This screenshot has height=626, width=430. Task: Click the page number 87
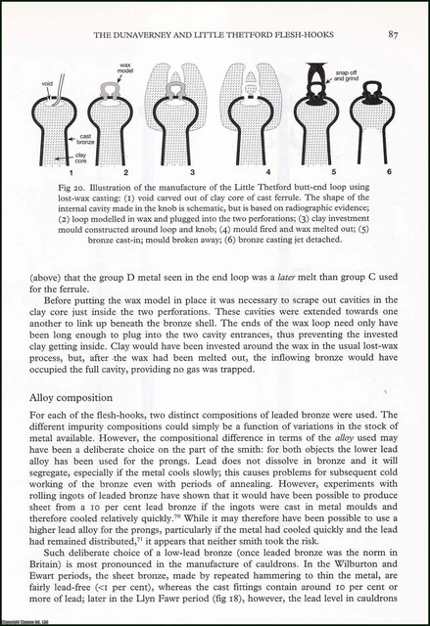coord(390,36)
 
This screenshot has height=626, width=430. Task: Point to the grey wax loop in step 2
coord(114,89)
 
